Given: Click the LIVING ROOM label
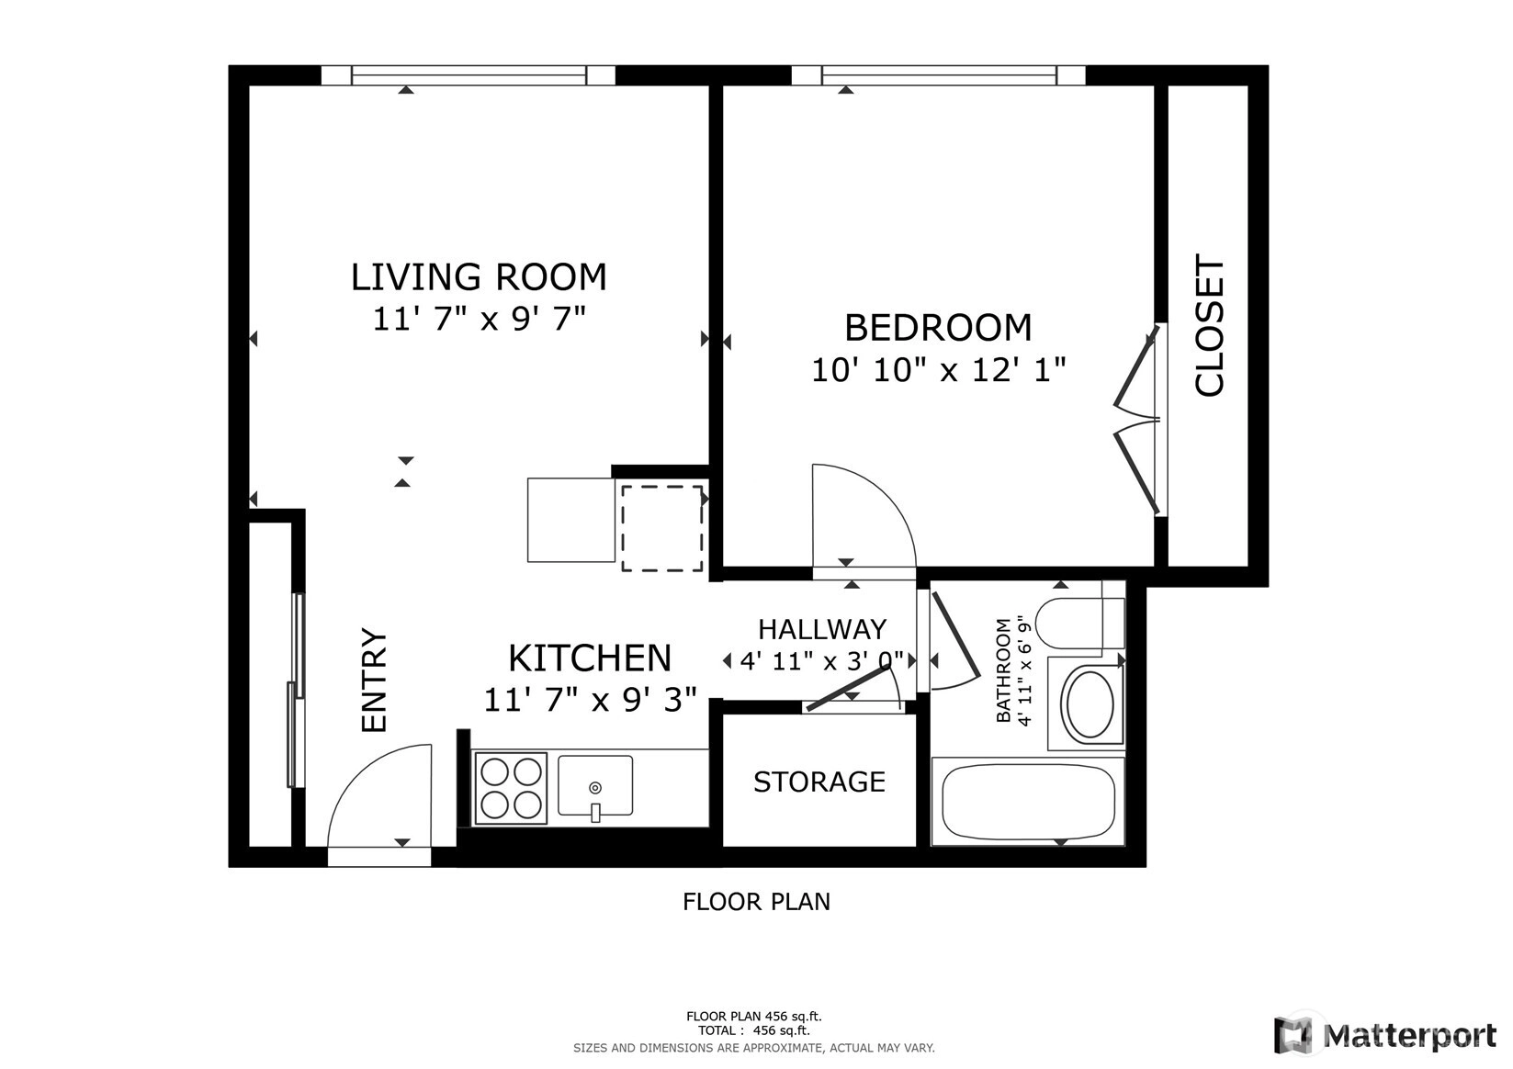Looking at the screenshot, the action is coord(479,276).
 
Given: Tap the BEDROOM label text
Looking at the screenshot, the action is coord(938,328).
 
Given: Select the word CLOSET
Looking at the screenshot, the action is coord(1209,325).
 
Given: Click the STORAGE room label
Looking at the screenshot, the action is coord(819,782).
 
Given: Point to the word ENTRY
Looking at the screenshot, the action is coord(374,680).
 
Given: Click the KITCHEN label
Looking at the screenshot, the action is coord(590,658).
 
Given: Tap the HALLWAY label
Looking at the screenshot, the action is coord(822,629).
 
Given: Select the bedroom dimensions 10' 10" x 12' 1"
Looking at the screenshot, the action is coord(938,369).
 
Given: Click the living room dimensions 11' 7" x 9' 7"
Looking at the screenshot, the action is coord(479,318).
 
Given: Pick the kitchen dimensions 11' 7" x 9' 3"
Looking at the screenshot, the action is coord(590,700).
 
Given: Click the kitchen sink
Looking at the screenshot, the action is coord(595,785).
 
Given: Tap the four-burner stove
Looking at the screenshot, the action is coord(511,788).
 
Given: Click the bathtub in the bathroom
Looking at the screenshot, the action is coord(1027,802).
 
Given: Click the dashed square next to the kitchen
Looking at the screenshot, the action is coord(662,528).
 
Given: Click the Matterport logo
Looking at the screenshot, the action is coord(1384,1034).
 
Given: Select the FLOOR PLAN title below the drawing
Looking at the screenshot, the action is coord(757,902).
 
